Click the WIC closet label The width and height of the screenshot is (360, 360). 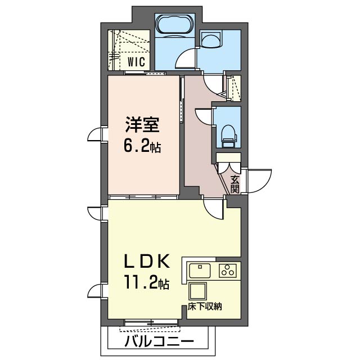pyautogui.click(x=136, y=61)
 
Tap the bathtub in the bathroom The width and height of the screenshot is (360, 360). pyautogui.click(x=175, y=24)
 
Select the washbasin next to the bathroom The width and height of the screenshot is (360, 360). pyautogui.click(x=211, y=39)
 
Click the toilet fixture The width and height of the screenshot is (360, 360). pyautogui.click(x=229, y=136)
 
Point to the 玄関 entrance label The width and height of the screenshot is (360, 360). pyautogui.click(x=235, y=184)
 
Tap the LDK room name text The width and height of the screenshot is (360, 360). pyautogui.click(x=147, y=261)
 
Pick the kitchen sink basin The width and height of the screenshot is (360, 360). pyautogui.click(x=200, y=271)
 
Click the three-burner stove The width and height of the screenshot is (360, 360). pyautogui.click(x=228, y=270)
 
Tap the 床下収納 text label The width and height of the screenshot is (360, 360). pyautogui.click(x=205, y=307)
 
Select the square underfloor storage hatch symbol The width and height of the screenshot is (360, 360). pyautogui.click(x=197, y=291)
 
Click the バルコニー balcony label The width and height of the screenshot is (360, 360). pyautogui.click(x=159, y=342)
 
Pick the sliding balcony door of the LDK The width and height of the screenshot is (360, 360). pyautogui.click(x=151, y=323)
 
